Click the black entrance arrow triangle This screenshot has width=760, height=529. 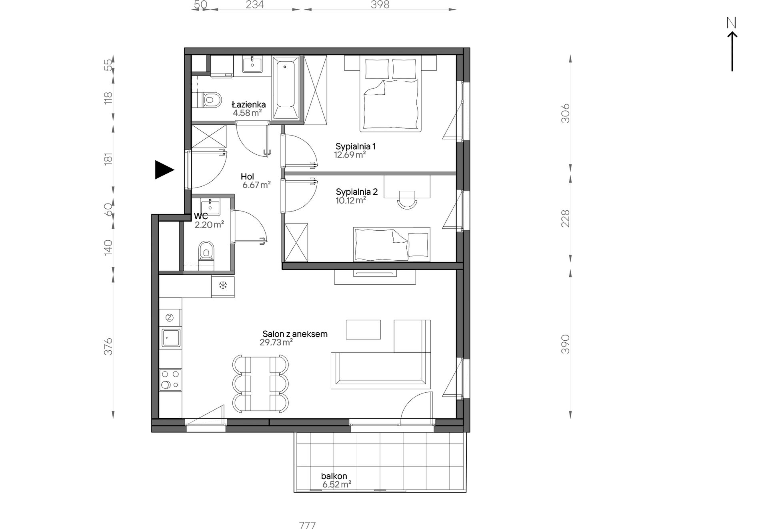click(164, 170)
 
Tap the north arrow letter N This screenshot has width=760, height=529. click(732, 23)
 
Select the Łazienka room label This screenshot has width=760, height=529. click(249, 105)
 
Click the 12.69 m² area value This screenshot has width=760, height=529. click(350, 154)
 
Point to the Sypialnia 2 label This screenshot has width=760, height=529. click(357, 192)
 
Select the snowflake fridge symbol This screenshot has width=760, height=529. click(222, 285)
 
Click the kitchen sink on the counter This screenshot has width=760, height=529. click(171, 338)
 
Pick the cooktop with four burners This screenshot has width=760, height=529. click(170, 379)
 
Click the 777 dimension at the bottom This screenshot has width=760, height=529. click(307, 525)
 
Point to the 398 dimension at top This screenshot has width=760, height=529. click(380, 4)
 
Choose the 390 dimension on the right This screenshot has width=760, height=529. click(565, 344)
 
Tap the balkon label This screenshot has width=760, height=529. click(334, 476)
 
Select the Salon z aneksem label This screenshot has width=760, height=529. click(295, 334)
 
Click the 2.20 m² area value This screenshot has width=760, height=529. click(209, 225)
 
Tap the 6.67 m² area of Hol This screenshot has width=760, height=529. click(256, 185)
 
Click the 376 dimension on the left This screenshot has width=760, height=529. click(108, 347)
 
